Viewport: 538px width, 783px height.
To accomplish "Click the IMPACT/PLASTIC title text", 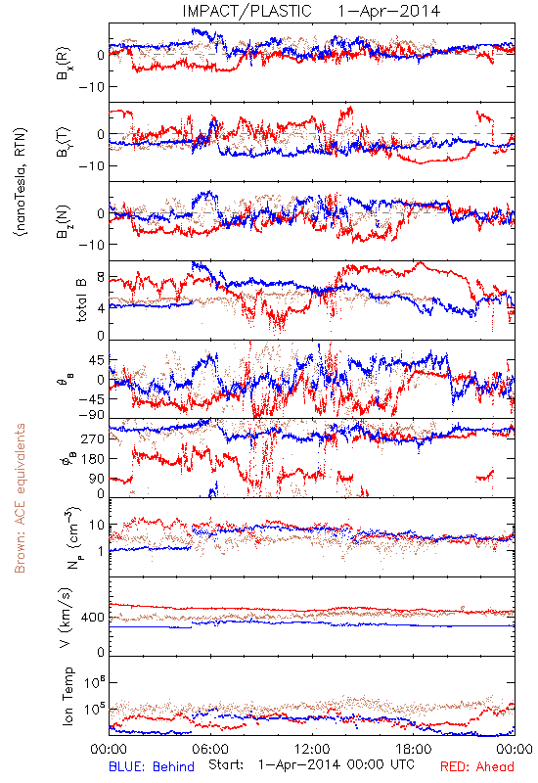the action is click(247, 11).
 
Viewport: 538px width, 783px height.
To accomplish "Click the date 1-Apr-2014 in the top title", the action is click(388, 11).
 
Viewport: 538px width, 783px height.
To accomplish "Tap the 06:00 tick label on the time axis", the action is click(210, 749).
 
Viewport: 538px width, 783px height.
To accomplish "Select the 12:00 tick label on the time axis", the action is click(312, 749).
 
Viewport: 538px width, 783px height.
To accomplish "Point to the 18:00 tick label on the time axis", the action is click(414, 749).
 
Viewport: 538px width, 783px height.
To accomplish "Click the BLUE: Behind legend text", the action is click(152, 766).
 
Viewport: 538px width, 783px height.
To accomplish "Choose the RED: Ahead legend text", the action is click(477, 766).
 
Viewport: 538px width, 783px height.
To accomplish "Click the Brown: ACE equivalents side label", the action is click(20, 498).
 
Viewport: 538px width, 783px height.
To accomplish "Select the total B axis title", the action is click(81, 299).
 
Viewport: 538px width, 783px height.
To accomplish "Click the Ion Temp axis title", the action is click(67, 696).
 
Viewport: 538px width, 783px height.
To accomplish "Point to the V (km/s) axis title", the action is click(67, 618).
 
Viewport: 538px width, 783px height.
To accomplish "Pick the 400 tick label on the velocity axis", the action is click(92, 618).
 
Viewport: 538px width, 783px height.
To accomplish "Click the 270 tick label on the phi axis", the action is click(93, 438).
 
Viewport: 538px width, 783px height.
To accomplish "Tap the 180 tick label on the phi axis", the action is click(93, 459).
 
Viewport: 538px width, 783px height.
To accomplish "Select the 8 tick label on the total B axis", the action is click(101, 278).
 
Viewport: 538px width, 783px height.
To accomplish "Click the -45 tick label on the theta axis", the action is click(93, 399).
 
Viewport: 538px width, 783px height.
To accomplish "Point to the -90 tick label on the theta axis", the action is click(93, 415).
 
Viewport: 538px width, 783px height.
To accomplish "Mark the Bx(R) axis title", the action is click(65, 64).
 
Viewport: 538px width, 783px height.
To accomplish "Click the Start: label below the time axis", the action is click(226, 764).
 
